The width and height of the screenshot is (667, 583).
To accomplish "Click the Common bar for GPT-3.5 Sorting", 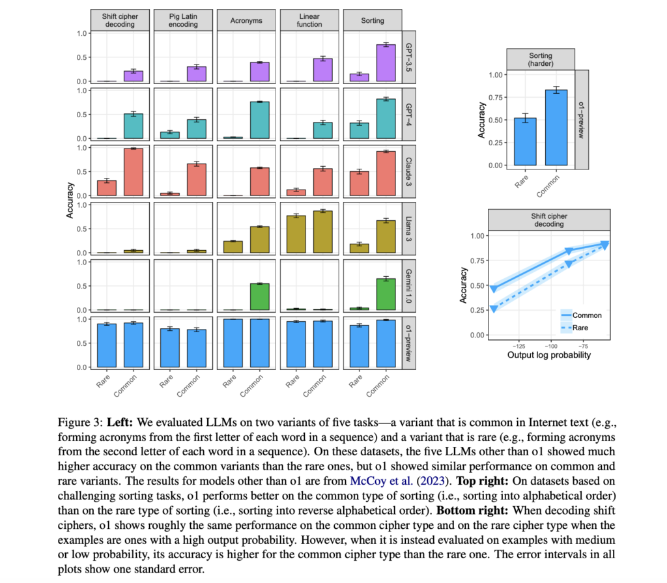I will point(387,63).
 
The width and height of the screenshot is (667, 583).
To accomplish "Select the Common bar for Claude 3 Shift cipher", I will point(134,172).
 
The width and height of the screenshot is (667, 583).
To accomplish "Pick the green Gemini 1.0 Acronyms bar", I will point(261,296).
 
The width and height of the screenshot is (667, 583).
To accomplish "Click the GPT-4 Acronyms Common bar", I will point(261,121).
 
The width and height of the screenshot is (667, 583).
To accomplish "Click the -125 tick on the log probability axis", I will point(518,347).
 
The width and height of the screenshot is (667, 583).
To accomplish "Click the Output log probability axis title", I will point(548,356).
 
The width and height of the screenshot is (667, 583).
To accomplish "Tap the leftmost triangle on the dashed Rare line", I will point(494,309).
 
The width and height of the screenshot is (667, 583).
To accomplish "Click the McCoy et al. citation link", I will point(369,482).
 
